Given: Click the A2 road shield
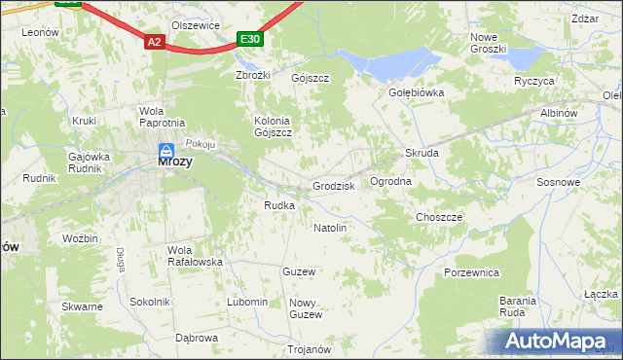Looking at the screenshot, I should click(x=155, y=42).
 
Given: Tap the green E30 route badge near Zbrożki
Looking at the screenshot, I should click(x=250, y=39).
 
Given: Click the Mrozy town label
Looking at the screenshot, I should click(x=174, y=163).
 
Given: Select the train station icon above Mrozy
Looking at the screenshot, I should click(x=166, y=151).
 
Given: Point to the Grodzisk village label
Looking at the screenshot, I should click(x=333, y=186).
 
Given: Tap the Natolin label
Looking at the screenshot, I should click(x=330, y=228).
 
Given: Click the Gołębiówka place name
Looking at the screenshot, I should click(x=416, y=93).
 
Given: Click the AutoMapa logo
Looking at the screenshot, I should click(x=552, y=342).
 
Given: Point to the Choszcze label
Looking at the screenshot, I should click(x=439, y=217).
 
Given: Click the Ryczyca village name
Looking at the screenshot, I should click(x=534, y=81).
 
